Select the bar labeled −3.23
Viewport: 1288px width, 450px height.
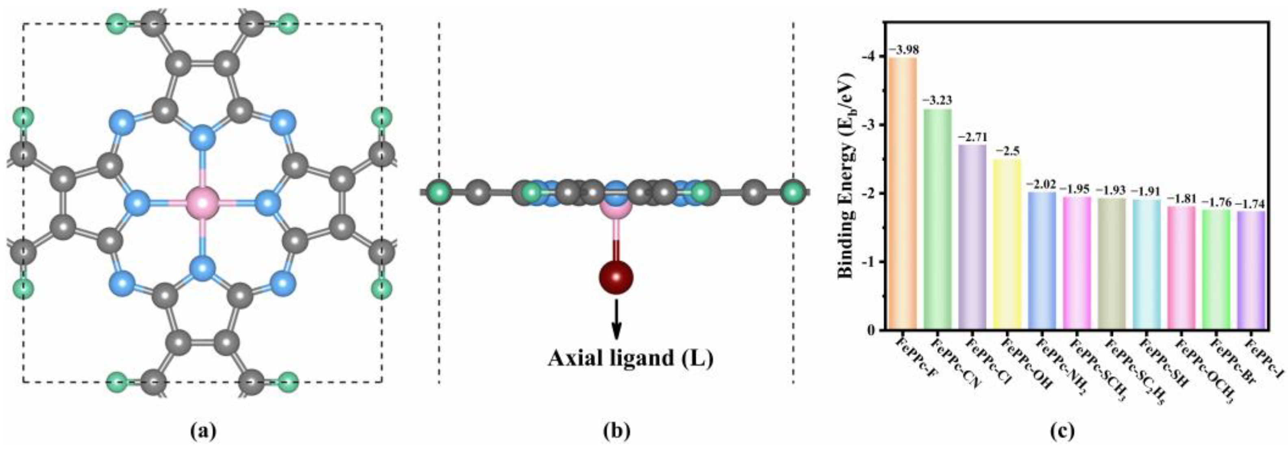[938, 220]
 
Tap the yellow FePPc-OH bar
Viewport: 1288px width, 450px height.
[1007, 245]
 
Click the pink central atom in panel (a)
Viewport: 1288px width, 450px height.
[202, 203]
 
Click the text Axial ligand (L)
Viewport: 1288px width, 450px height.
[630, 358]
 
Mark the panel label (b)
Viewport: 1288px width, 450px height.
[616, 431]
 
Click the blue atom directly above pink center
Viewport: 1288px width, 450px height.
[202, 136]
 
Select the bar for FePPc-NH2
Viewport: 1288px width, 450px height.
[1042, 261]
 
